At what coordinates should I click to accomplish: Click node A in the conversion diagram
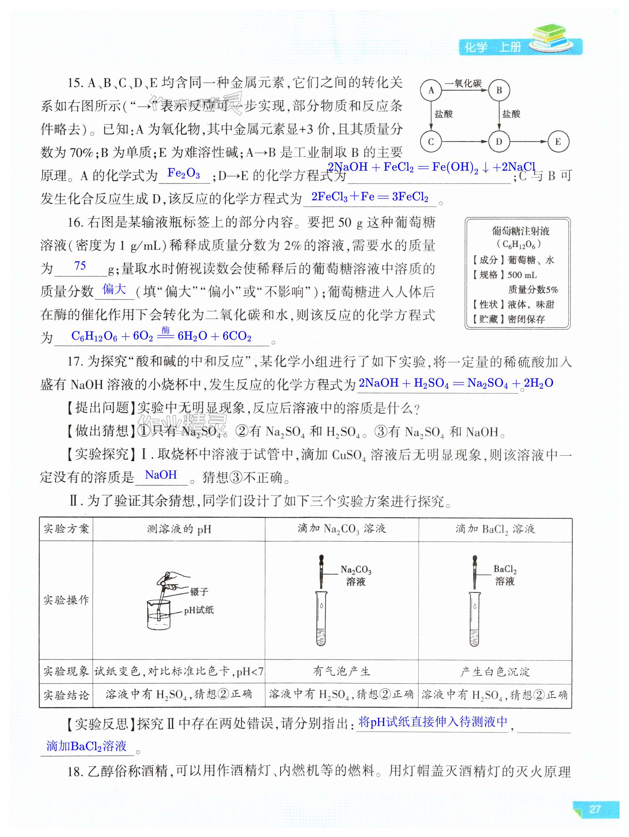point(431,90)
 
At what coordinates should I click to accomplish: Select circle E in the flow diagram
point(558,142)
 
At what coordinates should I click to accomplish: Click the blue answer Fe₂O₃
point(184,173)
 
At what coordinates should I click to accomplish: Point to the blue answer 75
point(80,266)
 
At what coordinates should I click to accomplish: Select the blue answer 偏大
point(114,290)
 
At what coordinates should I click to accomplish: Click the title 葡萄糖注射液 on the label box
point(520,231)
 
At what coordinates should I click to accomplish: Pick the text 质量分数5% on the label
point(533,290)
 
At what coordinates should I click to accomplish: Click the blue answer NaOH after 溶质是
point(161,475)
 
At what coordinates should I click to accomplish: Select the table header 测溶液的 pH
point(179,529)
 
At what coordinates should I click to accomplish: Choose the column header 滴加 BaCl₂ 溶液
point(495,529)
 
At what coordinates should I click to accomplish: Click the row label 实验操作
point(66,600)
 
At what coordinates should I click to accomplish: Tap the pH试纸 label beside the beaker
point(199,610)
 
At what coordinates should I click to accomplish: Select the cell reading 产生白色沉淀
point(495,672)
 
